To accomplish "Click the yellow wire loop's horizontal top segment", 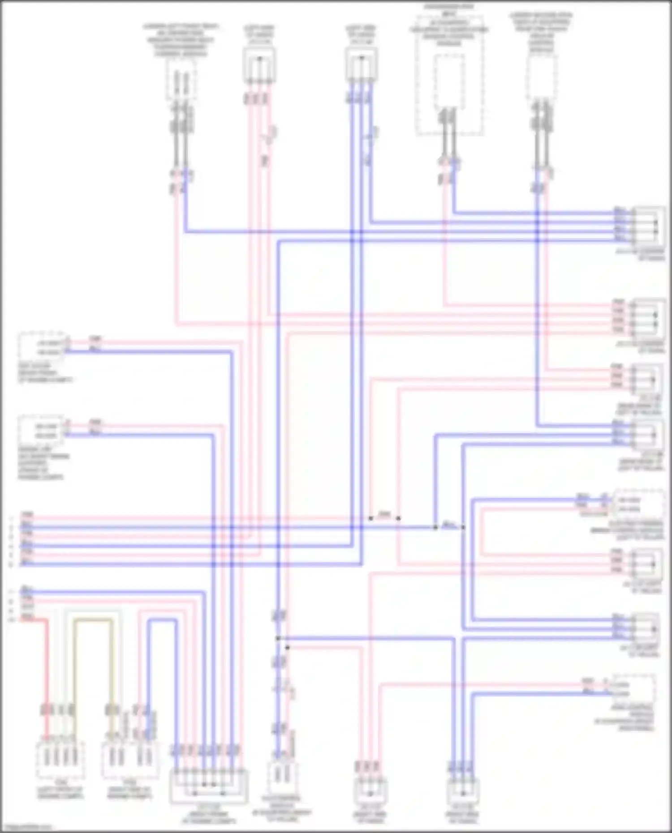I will click(93, 620).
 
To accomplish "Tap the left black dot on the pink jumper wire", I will click(370, 518).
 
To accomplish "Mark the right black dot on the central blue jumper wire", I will click(463, 527).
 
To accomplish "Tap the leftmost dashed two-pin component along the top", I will click(181, 79).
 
